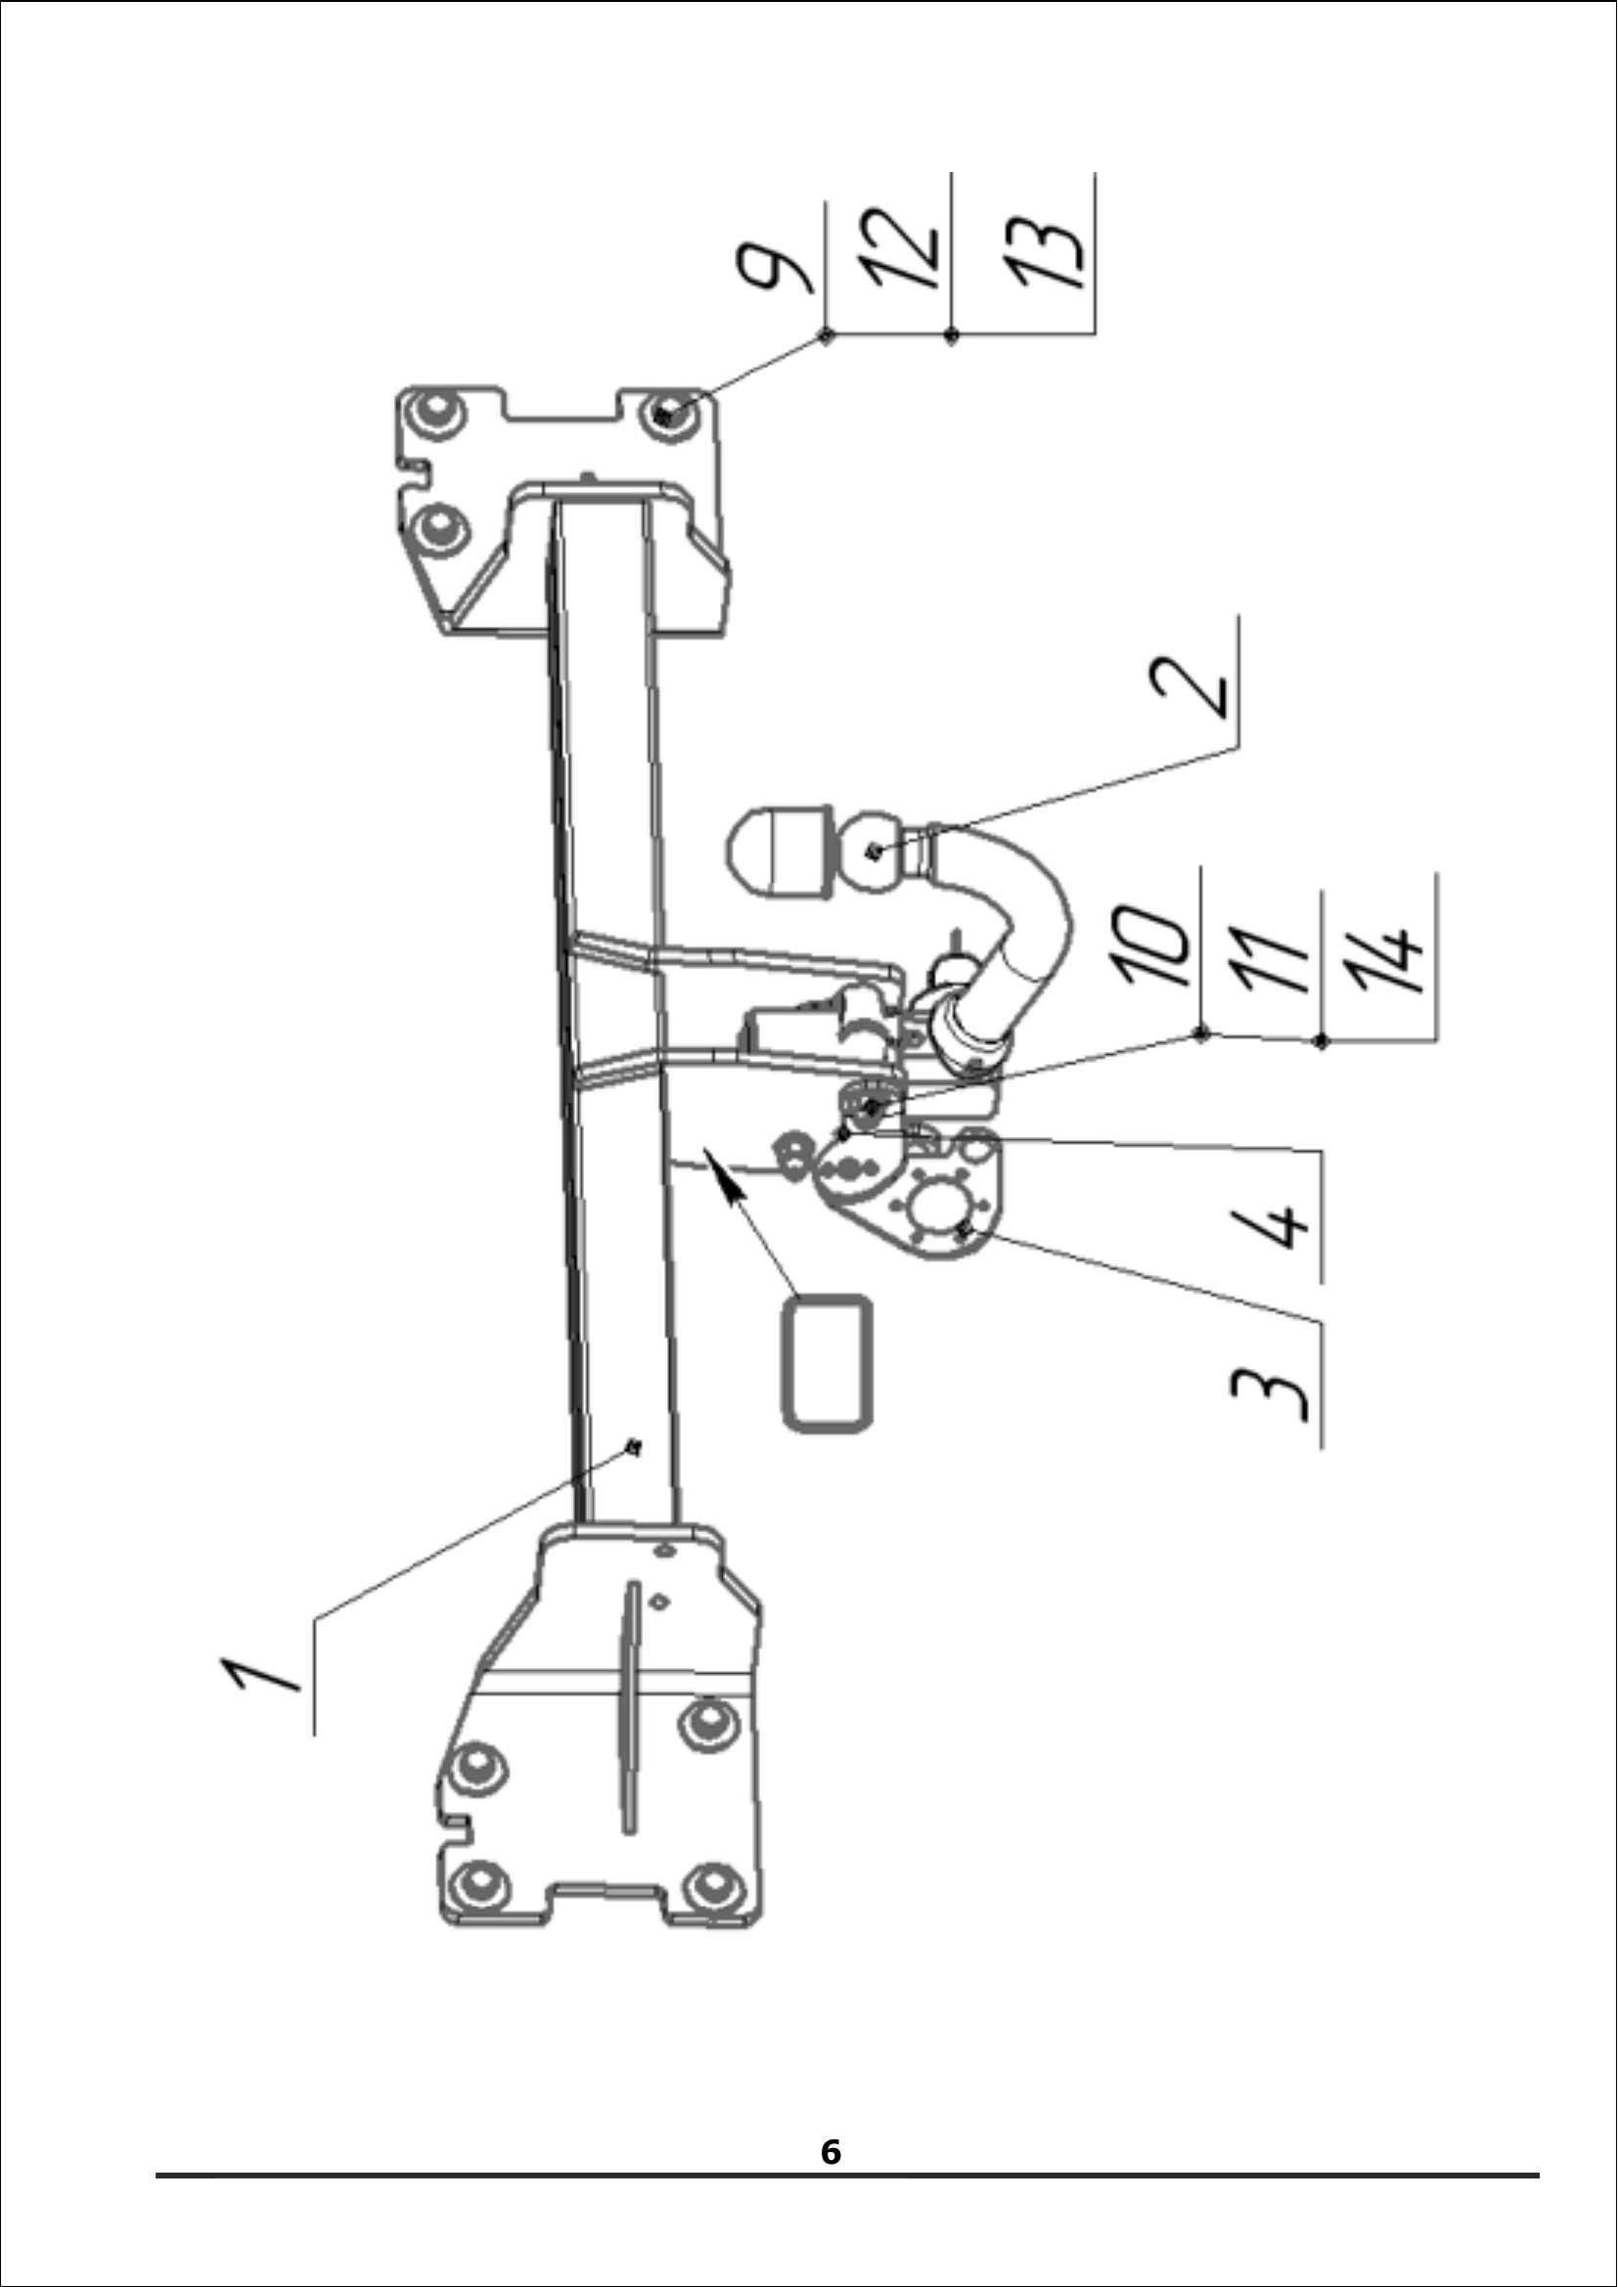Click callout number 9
coord(774,268)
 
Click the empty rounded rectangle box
coord(828,1364)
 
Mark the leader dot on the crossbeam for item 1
coord(632,1447)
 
